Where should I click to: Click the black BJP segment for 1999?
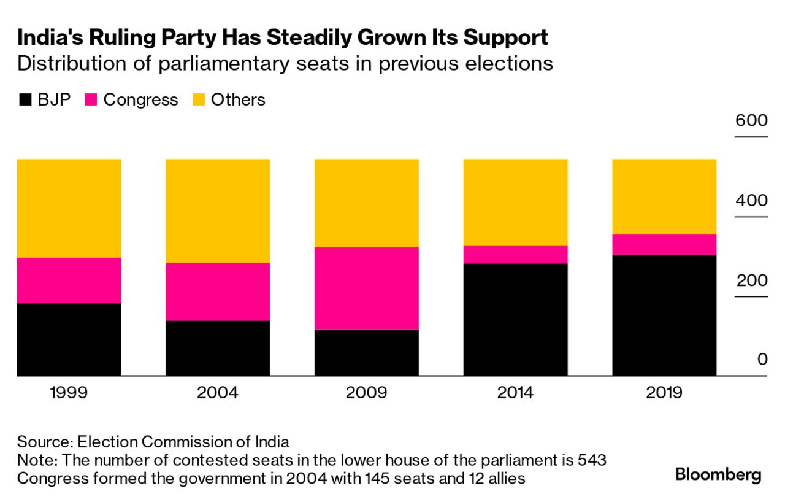(69, 339)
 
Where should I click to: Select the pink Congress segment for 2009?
(367, 288)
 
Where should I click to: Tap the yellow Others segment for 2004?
(218, 210)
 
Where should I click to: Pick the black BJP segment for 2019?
(664, 315)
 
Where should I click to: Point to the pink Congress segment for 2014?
(515, 255)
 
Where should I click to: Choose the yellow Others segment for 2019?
(664, 196)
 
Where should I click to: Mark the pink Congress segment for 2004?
(218, 292)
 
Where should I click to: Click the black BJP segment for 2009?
(367, 352)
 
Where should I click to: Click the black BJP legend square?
(25, 100)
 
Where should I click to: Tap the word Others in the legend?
(238, 100)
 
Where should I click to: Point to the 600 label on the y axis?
(752, 120)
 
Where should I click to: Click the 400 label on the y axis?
(752, 201)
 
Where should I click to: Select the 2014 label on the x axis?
(515, 393)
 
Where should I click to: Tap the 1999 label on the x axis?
(69, 393)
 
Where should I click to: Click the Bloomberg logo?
(718, 474)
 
